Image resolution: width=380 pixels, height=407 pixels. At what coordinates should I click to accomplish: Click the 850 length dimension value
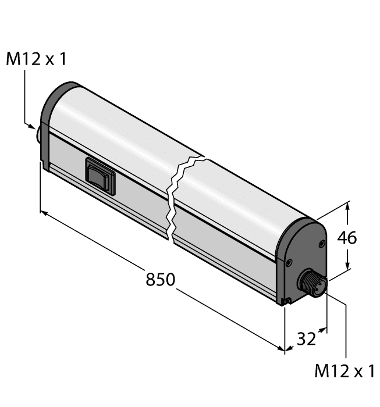click(x=160, y=280)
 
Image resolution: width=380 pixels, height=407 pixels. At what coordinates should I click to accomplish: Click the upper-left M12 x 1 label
click(x=37, y=59)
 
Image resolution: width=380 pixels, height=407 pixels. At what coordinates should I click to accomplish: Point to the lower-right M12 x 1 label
click(x=345, y=372)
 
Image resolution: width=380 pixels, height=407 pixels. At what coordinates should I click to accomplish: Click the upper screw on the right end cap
click(x=319, y=243)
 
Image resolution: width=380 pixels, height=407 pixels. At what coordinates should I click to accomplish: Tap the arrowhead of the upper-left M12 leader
click(x=34, y=126)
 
